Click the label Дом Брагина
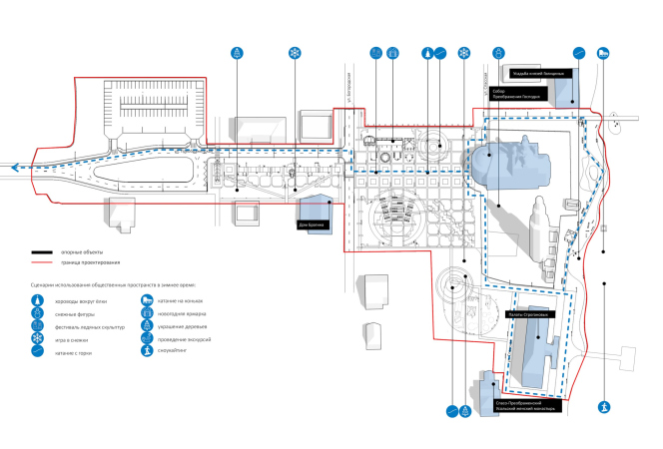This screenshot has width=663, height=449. [313, 224]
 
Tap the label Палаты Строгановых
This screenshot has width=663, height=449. [526, 315]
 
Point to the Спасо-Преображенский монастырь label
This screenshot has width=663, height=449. [523, 406]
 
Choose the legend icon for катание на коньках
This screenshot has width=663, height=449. [147, 300]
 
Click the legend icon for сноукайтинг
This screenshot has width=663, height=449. [147, 352]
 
